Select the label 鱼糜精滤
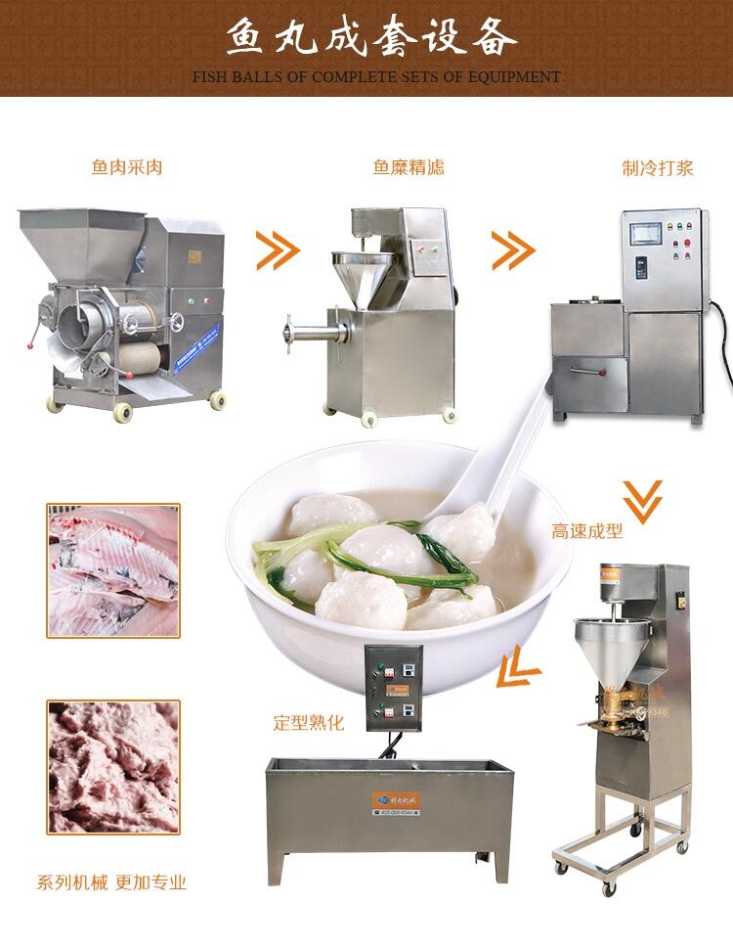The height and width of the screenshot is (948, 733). coord(408,166)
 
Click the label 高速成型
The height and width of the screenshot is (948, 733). coord(586,532)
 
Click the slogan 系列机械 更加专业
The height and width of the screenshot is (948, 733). coord(110,882)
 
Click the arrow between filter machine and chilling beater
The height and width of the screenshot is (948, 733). coord(512,251)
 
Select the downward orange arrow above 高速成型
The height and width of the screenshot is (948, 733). coord(642,499)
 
